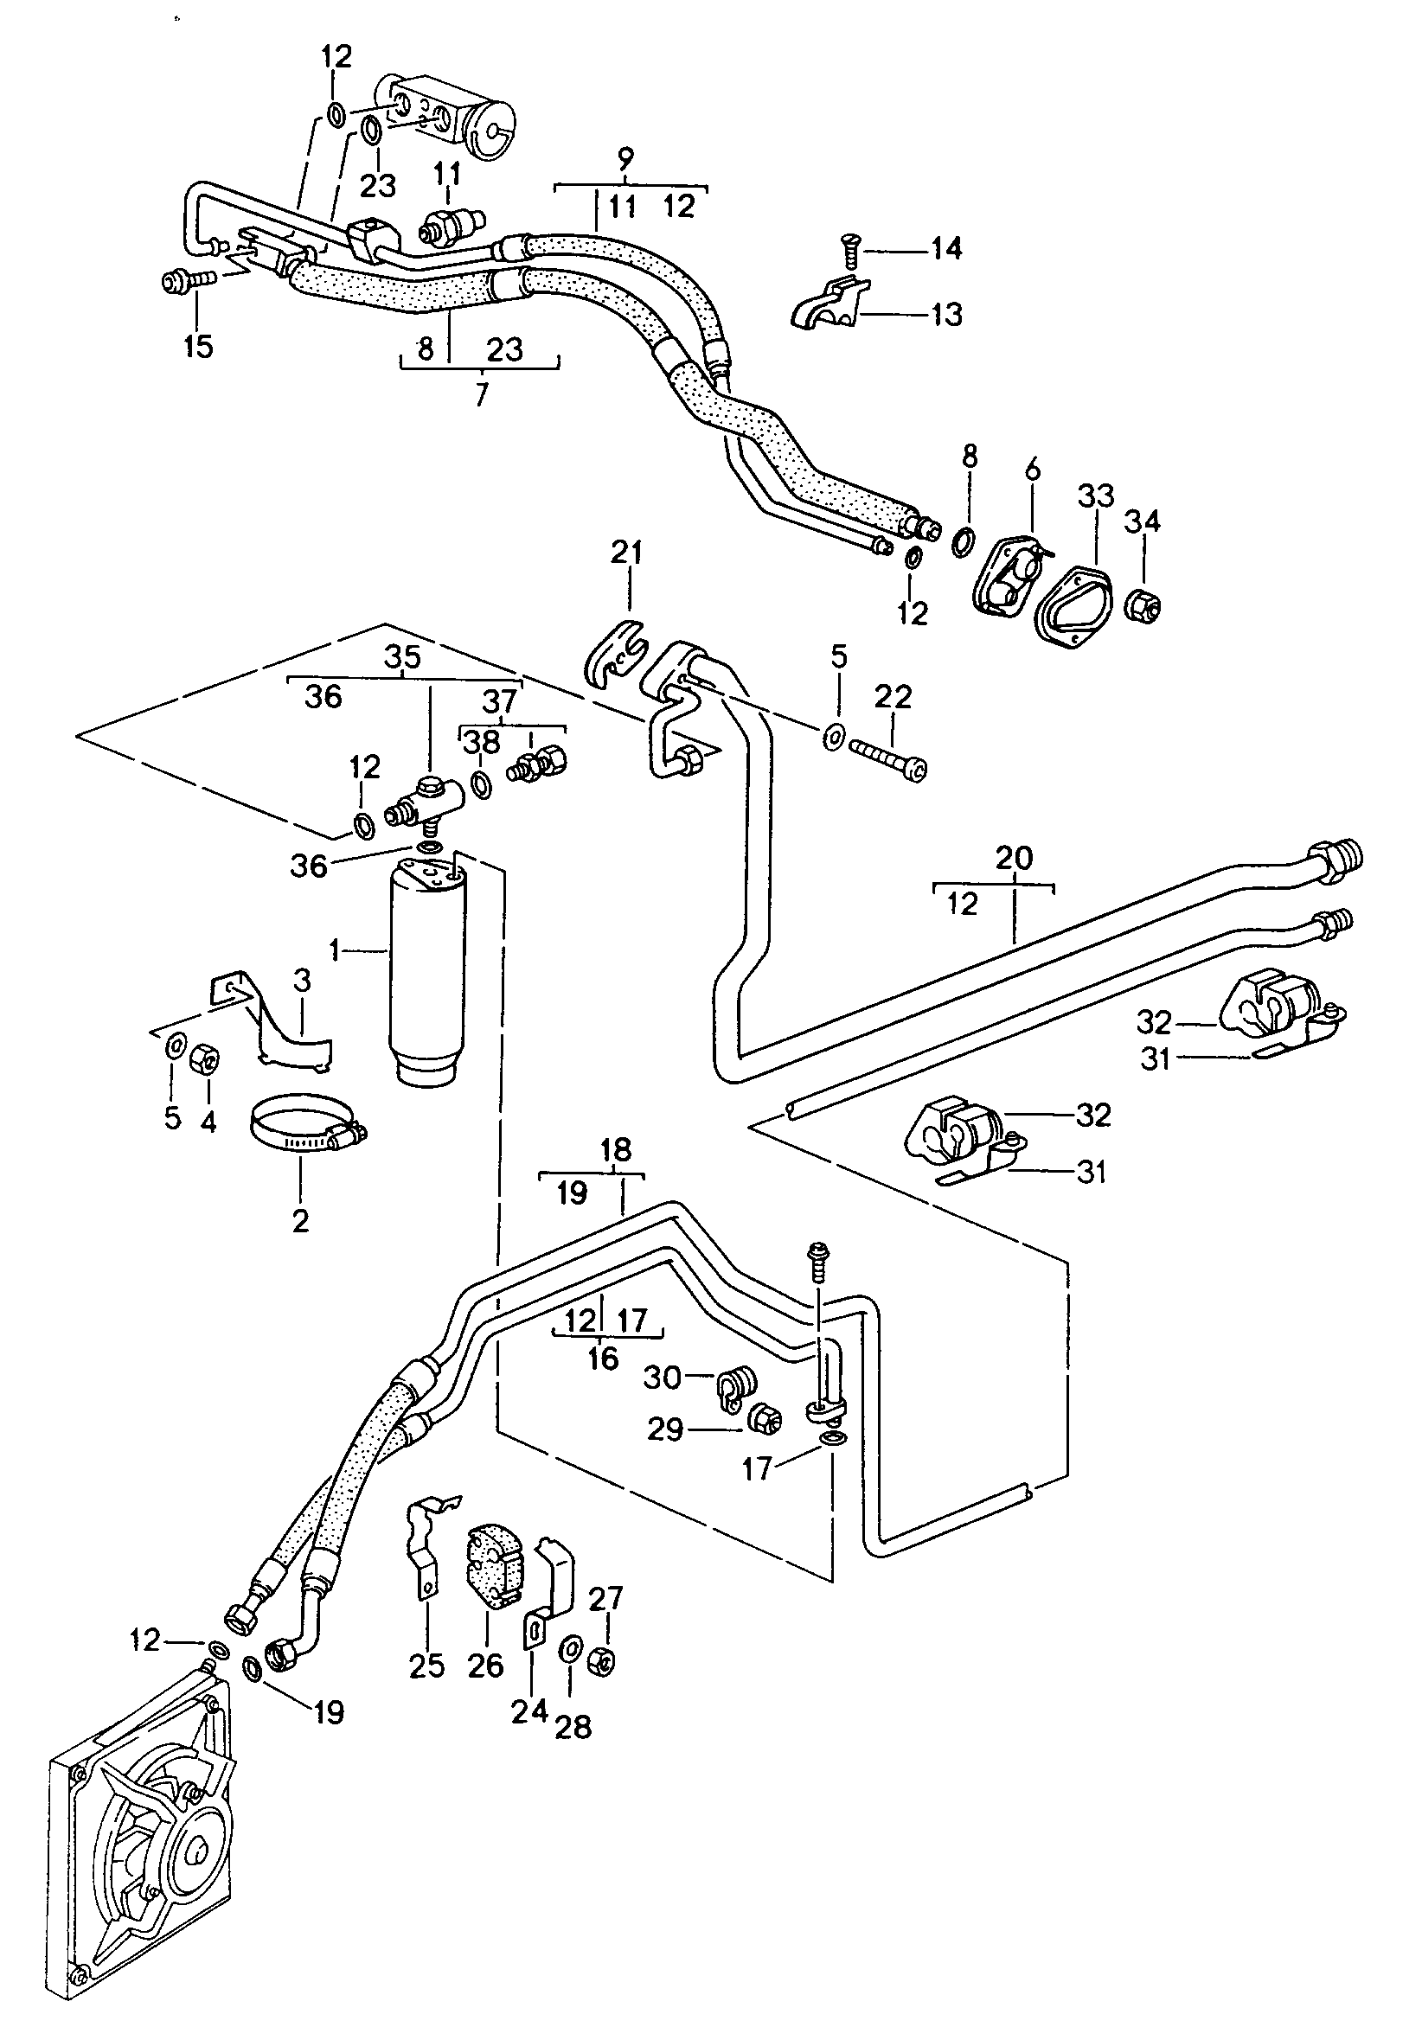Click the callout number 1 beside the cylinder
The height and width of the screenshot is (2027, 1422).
point(335,951)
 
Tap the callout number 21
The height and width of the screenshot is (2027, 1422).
point(627,553)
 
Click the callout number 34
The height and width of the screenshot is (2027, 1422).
point(1141,521)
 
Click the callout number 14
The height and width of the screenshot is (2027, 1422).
point(946,248)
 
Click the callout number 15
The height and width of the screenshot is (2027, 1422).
point(199,346)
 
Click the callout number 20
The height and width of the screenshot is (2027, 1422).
point(1013,857)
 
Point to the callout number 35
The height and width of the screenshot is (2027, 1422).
point(403,658)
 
